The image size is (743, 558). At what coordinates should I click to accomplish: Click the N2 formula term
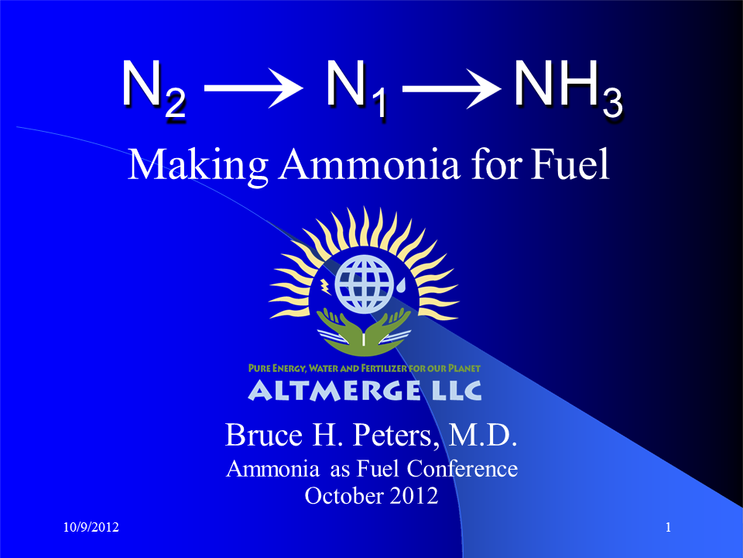tap(153, 87)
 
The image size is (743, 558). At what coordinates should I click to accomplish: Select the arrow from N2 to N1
tap(252, 87)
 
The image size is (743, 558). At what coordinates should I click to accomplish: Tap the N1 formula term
tap(354, 87)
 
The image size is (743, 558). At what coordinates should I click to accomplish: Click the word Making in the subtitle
tap(199, 164)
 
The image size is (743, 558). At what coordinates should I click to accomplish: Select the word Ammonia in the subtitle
tap(358, 164)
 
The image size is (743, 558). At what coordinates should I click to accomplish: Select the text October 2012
tap(371, 495)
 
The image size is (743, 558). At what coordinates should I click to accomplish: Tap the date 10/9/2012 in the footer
tap(91, 528)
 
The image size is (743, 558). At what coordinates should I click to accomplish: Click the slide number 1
tap(667, 528)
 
